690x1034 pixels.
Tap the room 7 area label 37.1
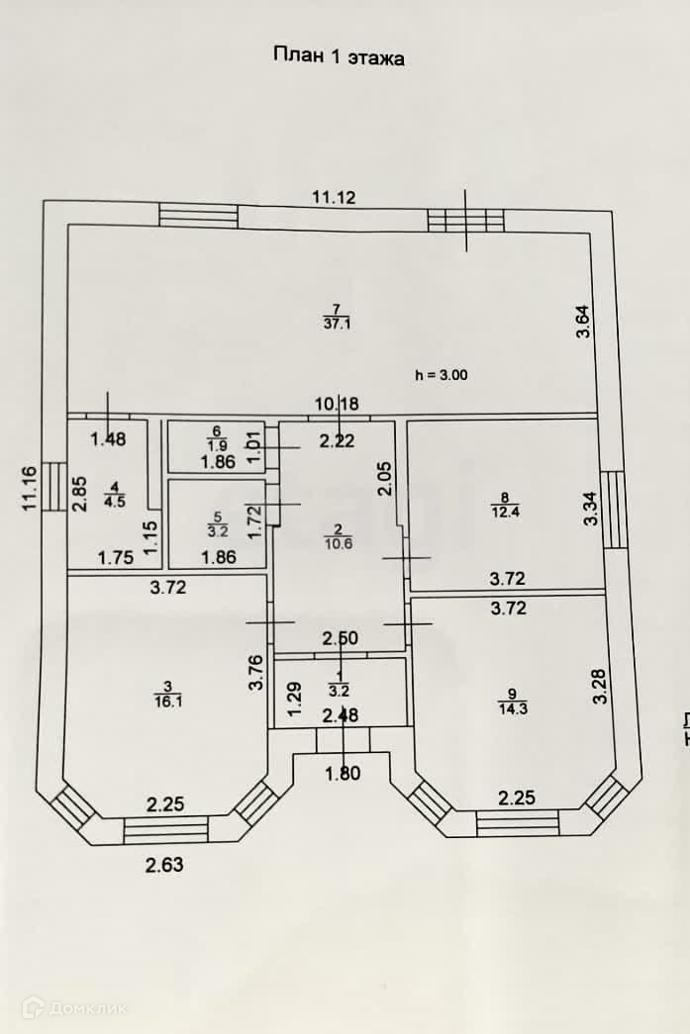click(336, 323)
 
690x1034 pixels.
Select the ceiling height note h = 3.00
click(441, 375)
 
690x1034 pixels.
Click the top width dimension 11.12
click(334, 198)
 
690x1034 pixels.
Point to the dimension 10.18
click(336, 404)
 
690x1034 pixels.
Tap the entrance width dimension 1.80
click(344, 775)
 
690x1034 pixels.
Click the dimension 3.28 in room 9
click(599, 687)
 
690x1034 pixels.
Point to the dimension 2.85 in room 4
click(80, 494)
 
